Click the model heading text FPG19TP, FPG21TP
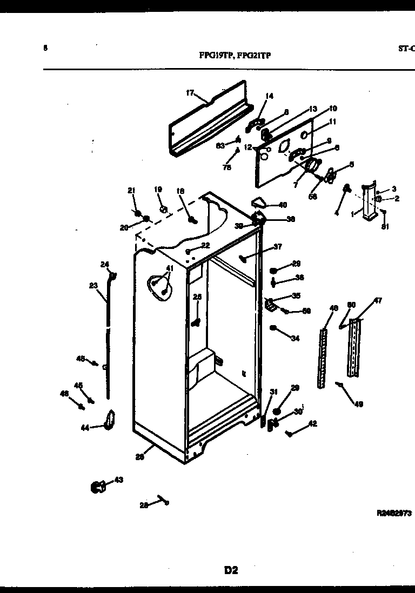(x=235, y=54)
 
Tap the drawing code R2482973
(x=394, y=514)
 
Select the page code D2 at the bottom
(x=231, y=569)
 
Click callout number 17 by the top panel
(x=190, y=93)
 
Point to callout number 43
(x=118, y=480)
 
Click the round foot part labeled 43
(x=98, y=487)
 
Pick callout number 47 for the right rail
(x=378, y=301)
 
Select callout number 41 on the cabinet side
(x=170, y=268)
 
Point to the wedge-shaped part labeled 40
(x=259, y=203)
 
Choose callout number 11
(x=333, y=122)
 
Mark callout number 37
(x=278, y=247)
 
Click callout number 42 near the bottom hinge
(x=313, y=424)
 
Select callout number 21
(x=130, y=190)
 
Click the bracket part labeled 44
(x=110, y=421)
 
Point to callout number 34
(x=294, y=339)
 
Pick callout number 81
(x=385, y=226)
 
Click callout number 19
(x=158, y=190)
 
